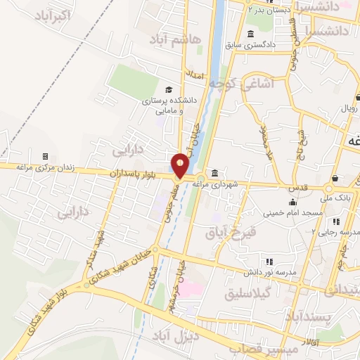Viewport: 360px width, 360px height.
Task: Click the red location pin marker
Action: pyautogui.click(x=181, y=165)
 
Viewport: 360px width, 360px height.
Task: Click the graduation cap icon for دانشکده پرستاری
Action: pyautogui.click(x=168, y=89)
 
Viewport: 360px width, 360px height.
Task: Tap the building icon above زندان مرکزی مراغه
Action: pyautogui.click(x=45, y=155)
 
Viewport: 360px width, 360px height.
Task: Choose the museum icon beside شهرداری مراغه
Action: pyautogui.click(x=214, y=174)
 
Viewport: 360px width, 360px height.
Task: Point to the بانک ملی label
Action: pyautogui.click(x=339, y=198)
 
